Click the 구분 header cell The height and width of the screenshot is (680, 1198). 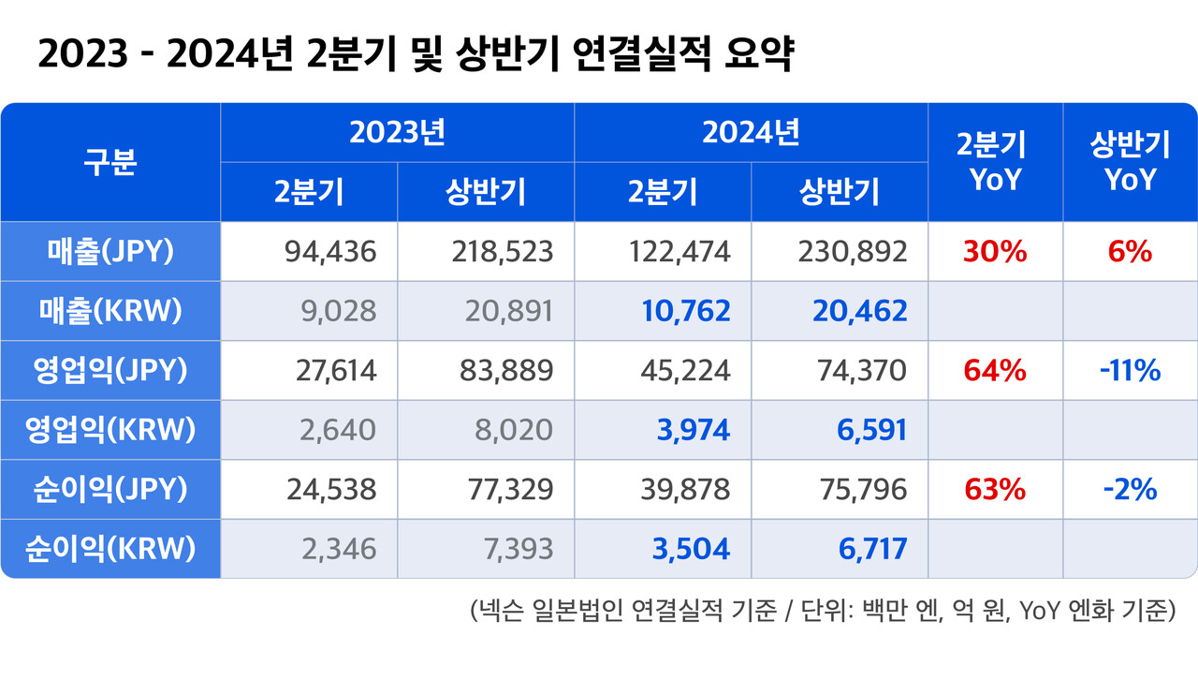tap(110, 162)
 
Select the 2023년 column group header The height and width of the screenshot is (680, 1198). tap(397, 133)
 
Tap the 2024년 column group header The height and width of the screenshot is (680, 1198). tap(751, 133)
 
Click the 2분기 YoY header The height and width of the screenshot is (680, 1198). tap(995, 162)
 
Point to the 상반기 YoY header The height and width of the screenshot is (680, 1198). tap(1130, 162)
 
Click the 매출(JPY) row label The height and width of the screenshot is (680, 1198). tap(110, 251)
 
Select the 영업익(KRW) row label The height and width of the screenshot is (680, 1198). tap(110, 430)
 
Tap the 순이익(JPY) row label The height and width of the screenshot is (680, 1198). tap(110, 489)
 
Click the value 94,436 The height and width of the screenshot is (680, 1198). tap(329, 251)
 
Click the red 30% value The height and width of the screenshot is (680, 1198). tap(995, 251)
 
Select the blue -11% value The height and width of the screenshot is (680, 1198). tap(1130, 370)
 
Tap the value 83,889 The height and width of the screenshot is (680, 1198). tap(505, 370)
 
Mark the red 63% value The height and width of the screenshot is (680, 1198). tap(995, 489)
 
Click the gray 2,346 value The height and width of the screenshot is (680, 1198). tap(339, 549)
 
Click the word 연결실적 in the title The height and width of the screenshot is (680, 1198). tap(635, 54)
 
